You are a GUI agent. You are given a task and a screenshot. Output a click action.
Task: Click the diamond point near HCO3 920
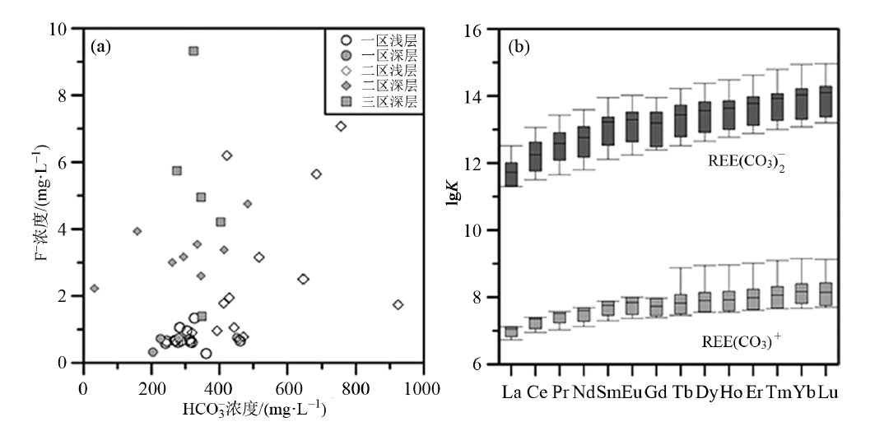[398, 304]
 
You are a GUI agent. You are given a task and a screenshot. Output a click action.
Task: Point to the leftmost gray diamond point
[95, 288]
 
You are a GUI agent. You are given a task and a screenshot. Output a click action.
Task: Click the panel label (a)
[100, 47]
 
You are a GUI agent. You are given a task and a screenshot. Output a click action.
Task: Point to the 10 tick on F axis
[68, 30]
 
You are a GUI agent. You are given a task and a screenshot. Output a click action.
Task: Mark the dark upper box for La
[511, 174]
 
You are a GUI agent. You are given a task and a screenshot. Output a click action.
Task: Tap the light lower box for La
[511, 331]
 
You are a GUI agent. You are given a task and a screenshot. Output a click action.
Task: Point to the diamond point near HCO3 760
[341, 126]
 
